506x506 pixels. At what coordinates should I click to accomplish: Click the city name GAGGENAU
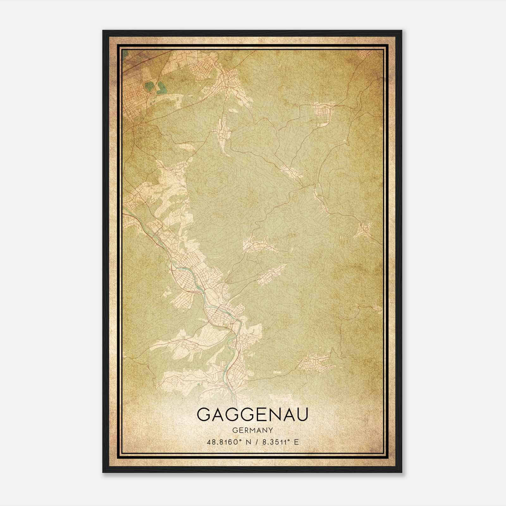(252, 415)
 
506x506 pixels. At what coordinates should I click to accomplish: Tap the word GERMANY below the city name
(252, 430)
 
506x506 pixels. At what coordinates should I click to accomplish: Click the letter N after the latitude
(248, 442)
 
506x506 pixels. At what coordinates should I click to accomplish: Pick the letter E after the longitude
(296, 442)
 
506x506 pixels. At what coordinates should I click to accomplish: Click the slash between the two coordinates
(256, 442)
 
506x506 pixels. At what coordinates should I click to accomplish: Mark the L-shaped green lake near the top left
(161, 87)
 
